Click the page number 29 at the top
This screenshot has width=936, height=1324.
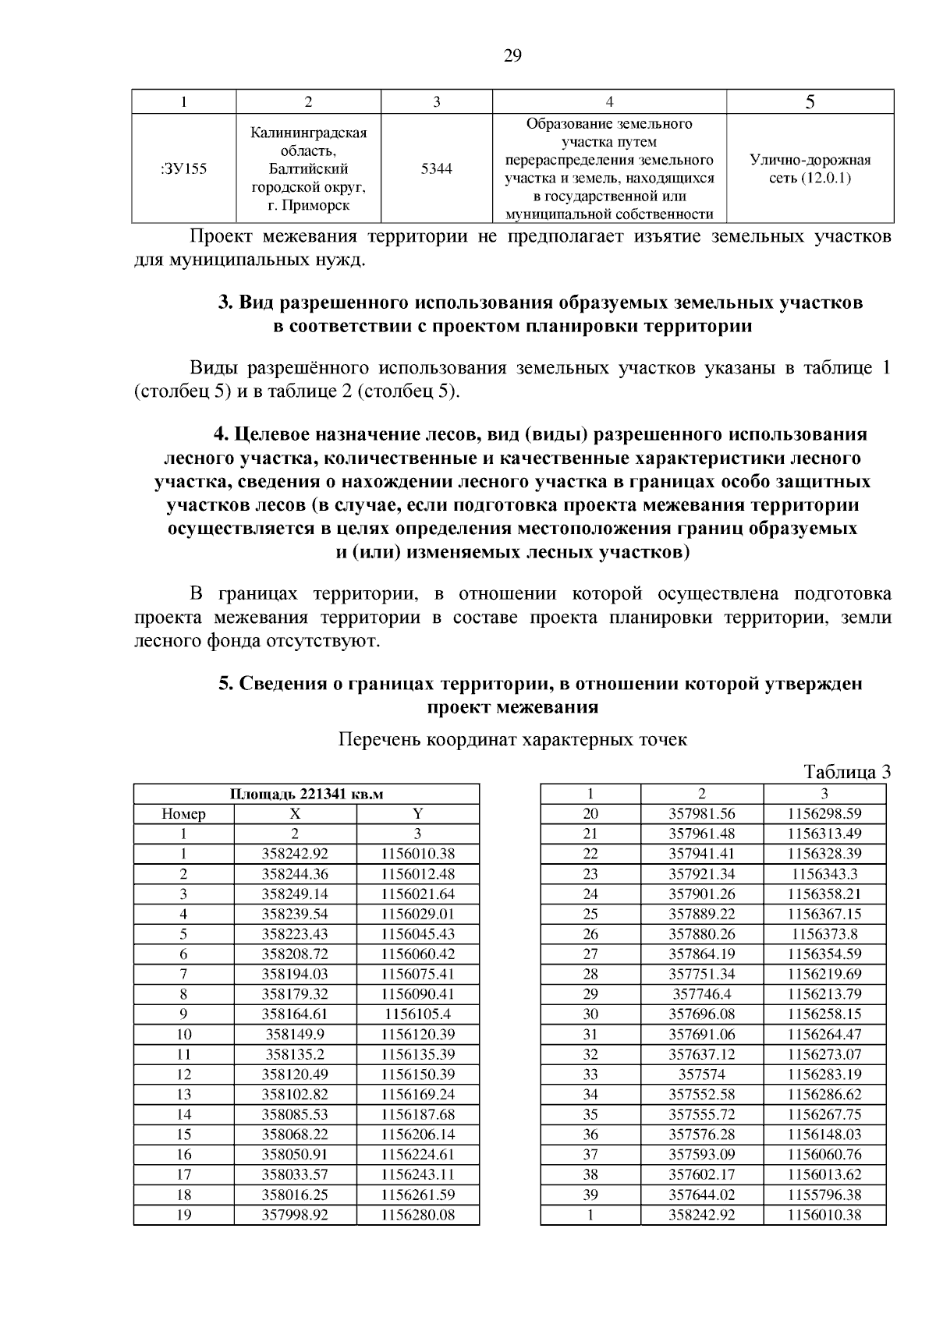point(512,55)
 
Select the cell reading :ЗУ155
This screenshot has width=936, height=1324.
point(183,168)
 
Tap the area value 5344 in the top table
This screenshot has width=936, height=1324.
point(436,168)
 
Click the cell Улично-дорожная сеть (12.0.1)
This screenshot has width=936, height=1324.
point(810,169)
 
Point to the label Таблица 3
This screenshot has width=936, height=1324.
point(847,772)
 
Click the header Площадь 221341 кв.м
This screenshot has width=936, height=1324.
point(307,794)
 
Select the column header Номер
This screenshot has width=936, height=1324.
point(183,814)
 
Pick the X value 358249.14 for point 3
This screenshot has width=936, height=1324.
point(295,894)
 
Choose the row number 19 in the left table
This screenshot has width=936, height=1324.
point(183,1215)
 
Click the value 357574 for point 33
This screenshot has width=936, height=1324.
point(702,1074)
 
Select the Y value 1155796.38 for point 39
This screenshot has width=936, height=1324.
point(824,1195)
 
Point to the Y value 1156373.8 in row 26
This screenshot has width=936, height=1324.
point(824,934)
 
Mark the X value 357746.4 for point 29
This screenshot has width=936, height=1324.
point(702,994)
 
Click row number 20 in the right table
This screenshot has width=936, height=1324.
point(590,814)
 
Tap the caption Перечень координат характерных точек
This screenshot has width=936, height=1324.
point(512,740)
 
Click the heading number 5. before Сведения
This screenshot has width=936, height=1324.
point(225,684)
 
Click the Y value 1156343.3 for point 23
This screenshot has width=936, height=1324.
point(824,874)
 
